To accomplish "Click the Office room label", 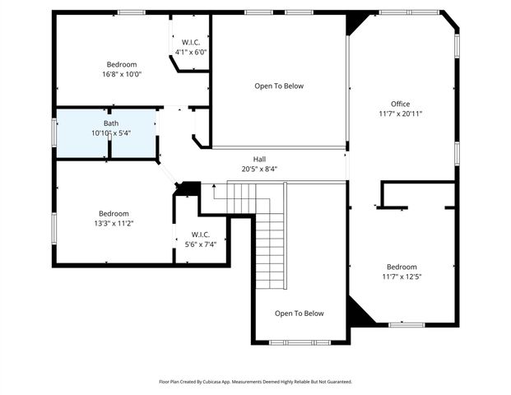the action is (x=400, y=104).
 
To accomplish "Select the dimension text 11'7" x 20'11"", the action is (x=400, y=114).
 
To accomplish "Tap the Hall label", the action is (x=259, y=159).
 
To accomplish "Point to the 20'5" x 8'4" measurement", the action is (x=259, y=169).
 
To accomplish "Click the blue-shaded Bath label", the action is (x=111, y=123).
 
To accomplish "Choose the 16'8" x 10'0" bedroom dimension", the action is (x=122, y=74).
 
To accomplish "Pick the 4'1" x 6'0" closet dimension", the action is (x=191, y=52).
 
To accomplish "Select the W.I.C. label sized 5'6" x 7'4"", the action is (x=201, y=235).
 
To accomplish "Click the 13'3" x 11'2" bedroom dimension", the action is (x=114, y=224).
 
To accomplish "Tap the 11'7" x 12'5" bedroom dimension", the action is (x=402, y=277).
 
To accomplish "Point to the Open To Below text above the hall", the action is (x=279, y=86).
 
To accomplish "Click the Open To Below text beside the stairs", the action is (x=300, y=314).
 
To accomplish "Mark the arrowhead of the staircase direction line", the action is (x=214, y=186).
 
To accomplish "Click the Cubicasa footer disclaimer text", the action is (x=255, y=382).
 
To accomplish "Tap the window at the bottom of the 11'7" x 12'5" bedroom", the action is (x=407, y=324).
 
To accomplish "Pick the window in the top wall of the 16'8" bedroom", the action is (x=132, y=12).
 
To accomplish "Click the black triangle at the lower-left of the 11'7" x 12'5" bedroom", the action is (x=360, y=311).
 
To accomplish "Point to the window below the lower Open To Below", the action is (x=300, y=342).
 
